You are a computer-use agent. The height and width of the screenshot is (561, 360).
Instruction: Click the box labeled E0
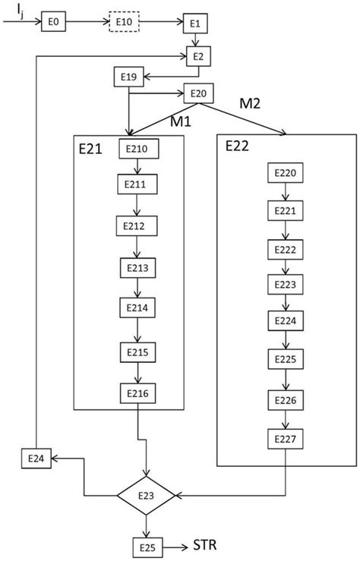click(x=54, y=23)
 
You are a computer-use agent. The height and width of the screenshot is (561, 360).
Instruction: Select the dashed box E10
click(x=124, y=23)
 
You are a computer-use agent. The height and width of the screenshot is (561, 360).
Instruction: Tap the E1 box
click(x=195, y=24)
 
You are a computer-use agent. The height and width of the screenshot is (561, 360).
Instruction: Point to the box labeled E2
click(x=198, y=55)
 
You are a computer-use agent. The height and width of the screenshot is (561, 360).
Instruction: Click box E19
click(x=129, y=76)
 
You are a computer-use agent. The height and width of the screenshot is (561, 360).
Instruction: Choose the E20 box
click(x=197, y=93)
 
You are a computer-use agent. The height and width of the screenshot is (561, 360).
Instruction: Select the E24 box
click(x=35, y=459)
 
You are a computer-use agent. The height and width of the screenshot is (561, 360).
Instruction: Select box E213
click(x=137, y=268)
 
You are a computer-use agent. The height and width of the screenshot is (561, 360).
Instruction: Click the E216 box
click(x=137, y=392)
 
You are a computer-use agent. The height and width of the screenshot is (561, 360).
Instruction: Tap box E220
click(x=286, y=174)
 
